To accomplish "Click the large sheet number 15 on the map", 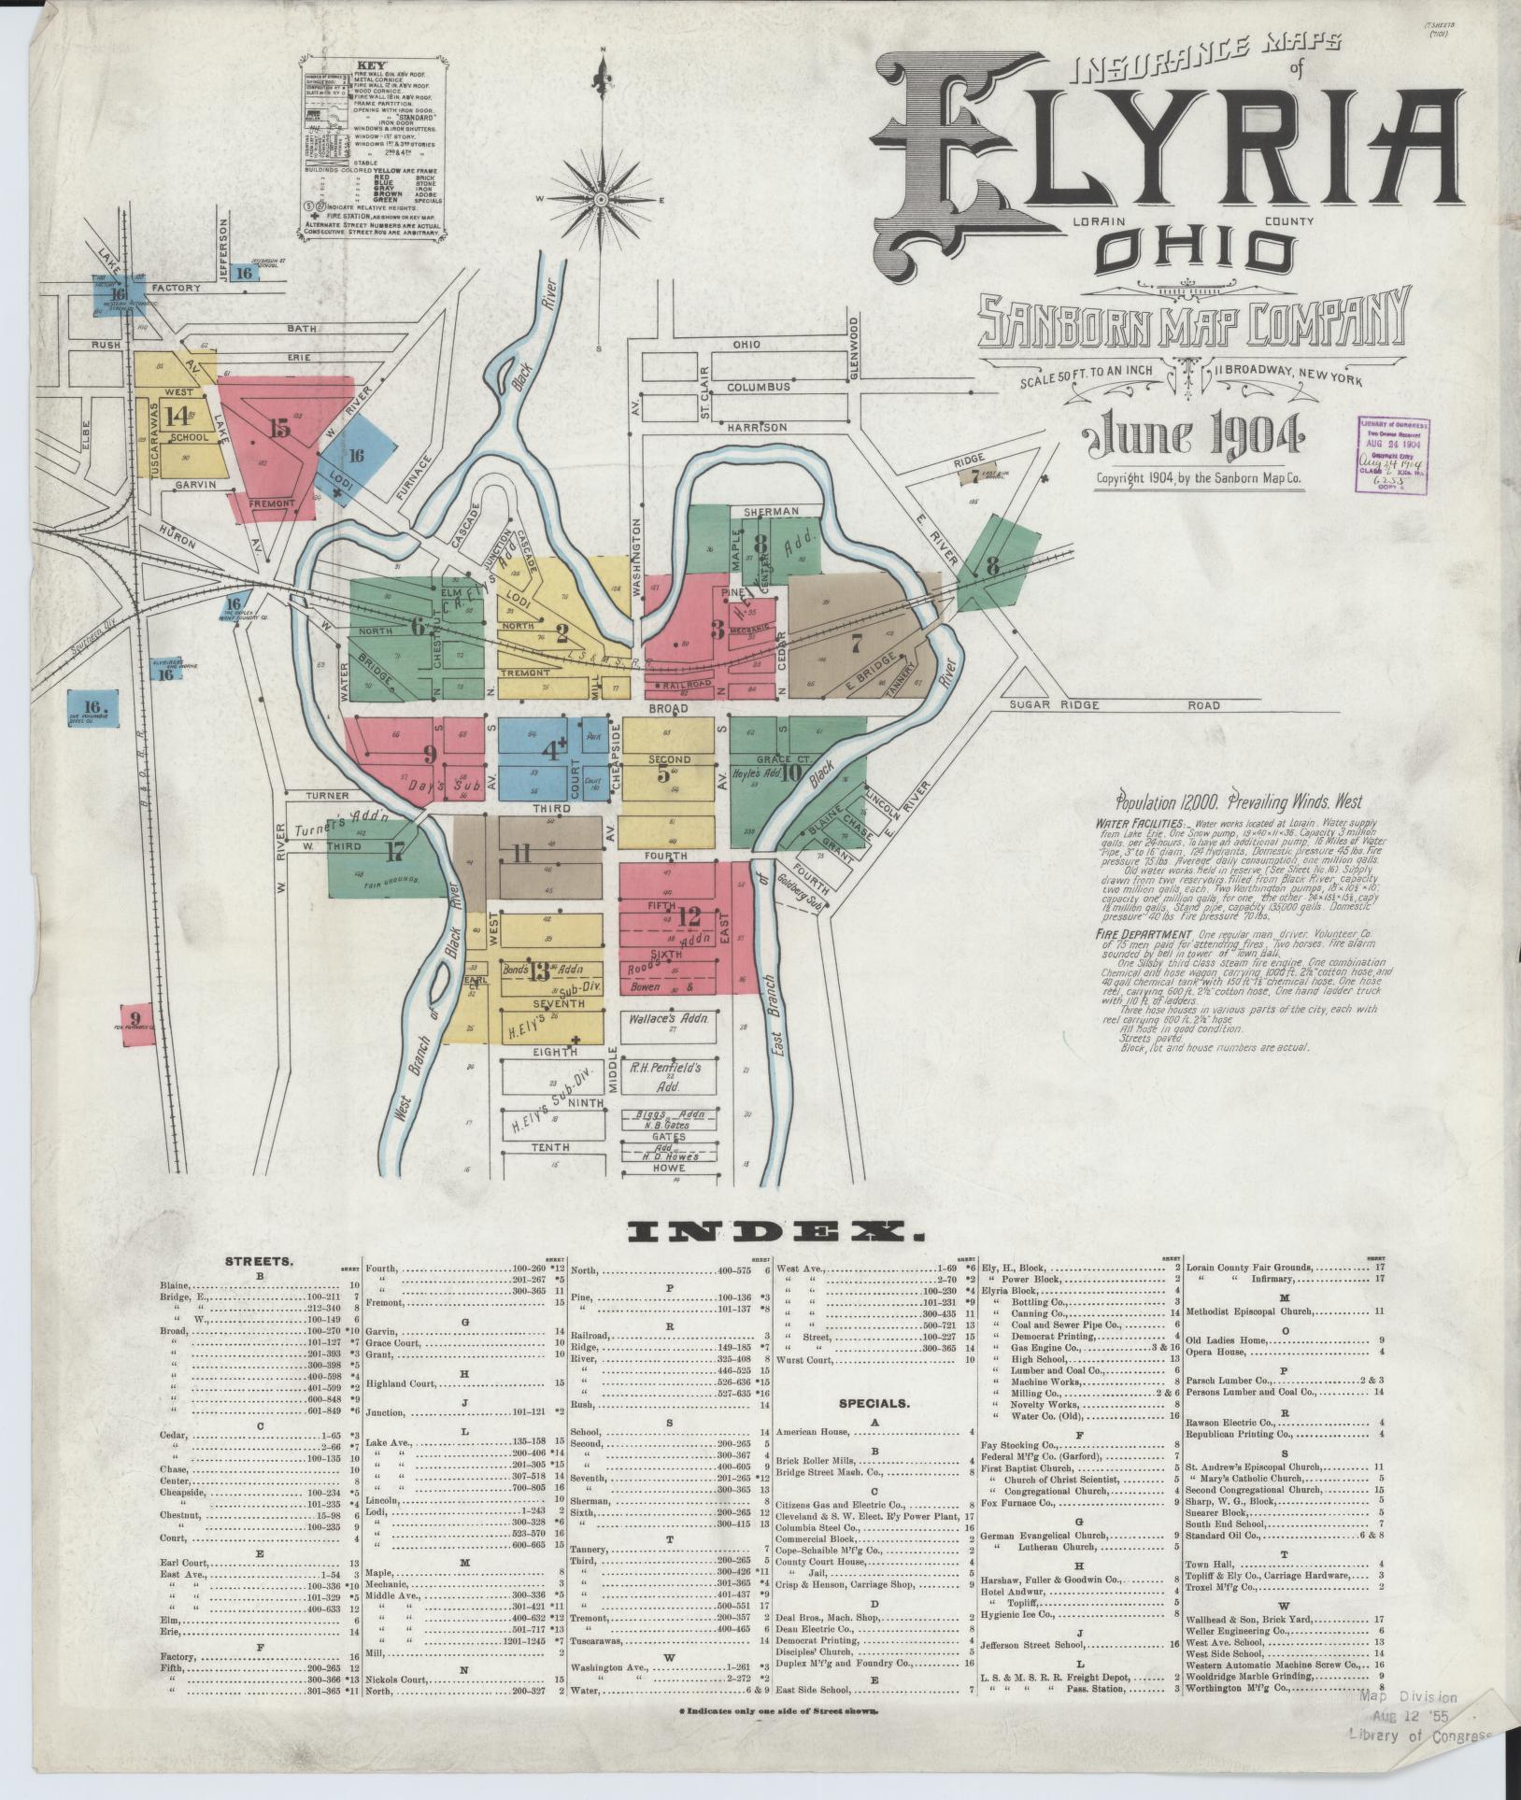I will pos(279,428).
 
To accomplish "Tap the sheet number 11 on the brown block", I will pos(520,853).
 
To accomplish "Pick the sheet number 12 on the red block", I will pos(689,916).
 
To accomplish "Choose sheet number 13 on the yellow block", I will pos(538,972).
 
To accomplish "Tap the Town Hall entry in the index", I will pos(1211,1565).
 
